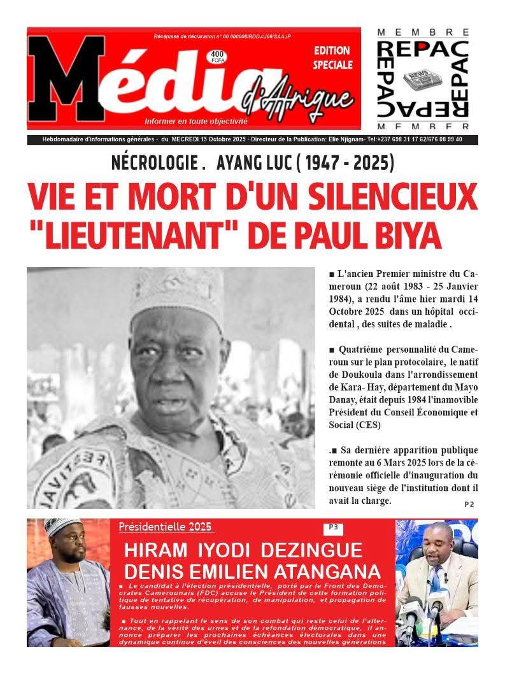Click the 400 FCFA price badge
point(217,57)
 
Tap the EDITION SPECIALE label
point(332,57)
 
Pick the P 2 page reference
point(469,504)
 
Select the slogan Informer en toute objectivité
point(196,121)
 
